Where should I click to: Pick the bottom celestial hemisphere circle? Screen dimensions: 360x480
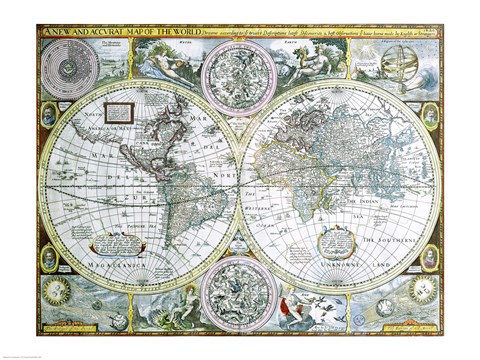pos(239,289)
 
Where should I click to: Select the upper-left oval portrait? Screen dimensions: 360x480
pos(49,115)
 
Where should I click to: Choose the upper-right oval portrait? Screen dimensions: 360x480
pos(431,113)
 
